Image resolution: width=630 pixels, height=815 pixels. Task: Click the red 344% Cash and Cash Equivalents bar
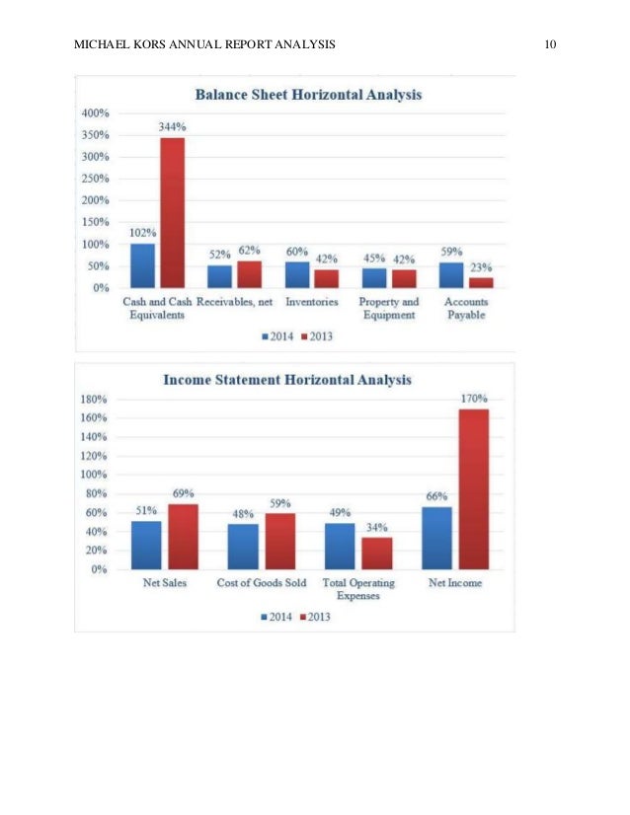click(172, 212)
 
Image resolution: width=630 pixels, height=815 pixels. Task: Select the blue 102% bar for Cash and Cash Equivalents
click(143, 265)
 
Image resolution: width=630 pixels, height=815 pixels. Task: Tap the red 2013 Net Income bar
click(474, 488)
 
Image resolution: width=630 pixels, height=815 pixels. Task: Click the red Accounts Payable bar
click(481, 282)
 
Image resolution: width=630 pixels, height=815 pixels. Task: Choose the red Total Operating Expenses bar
click(376, 553)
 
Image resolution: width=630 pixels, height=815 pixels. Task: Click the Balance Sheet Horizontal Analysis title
click(308, 96)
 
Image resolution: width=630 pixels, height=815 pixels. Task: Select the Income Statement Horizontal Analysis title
click(287, 379)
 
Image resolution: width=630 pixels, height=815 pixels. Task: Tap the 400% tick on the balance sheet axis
click(96, 113)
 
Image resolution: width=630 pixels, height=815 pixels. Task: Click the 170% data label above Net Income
click(474, 398)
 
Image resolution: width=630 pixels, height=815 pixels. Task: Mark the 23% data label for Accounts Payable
click(481, 267)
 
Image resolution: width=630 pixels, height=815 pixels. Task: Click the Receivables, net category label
click(234, 302)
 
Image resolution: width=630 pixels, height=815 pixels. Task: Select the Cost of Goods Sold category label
click(261, 583)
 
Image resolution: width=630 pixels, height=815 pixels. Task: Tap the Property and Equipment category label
click(388, 309)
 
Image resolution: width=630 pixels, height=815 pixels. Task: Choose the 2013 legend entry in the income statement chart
click(313, 617)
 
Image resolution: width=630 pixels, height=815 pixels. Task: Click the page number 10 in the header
click(551, 44)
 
